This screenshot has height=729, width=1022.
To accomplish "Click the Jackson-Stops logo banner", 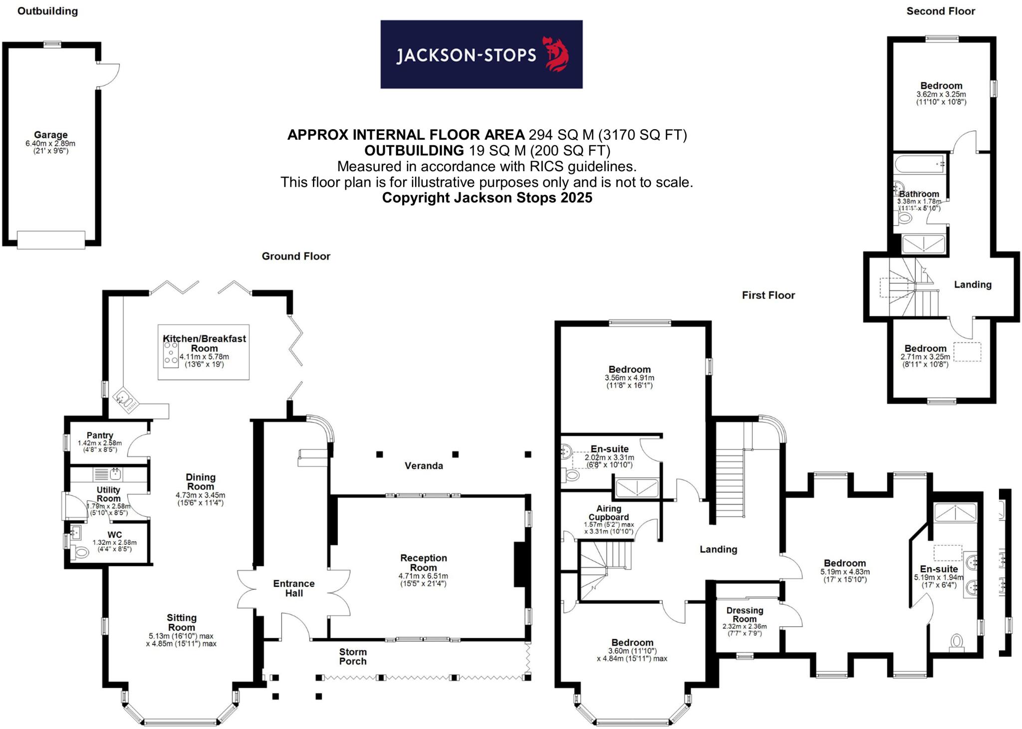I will coord(481,54).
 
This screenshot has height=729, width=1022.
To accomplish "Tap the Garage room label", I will coord(50,135).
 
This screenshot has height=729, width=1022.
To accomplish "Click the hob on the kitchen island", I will coord(171,353).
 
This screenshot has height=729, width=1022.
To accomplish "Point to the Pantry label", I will coord(100,435).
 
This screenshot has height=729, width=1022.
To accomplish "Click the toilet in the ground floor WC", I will coord(80,552).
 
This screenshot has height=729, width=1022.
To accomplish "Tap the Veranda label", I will coord(423,466).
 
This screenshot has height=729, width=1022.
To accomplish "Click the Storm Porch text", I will coord(353,656).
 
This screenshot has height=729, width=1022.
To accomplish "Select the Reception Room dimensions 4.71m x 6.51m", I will coord(423,576).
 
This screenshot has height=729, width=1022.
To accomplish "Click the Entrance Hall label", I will coord(294,588).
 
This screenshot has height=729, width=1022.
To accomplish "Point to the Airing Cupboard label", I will coord(608,512).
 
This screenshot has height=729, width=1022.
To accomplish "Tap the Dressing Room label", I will coord(745,614).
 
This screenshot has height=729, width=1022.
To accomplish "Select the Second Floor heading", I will coord(940,11).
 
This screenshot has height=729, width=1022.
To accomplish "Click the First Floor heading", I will coord(768,295).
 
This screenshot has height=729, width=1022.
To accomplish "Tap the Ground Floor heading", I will coord(296,256).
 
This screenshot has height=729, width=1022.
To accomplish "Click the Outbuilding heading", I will coord(47,11).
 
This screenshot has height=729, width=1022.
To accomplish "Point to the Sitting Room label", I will coord(181,622).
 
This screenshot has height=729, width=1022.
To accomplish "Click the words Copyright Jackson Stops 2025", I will coord(487,198).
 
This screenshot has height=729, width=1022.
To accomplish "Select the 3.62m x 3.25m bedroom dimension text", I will coord(941,94).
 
